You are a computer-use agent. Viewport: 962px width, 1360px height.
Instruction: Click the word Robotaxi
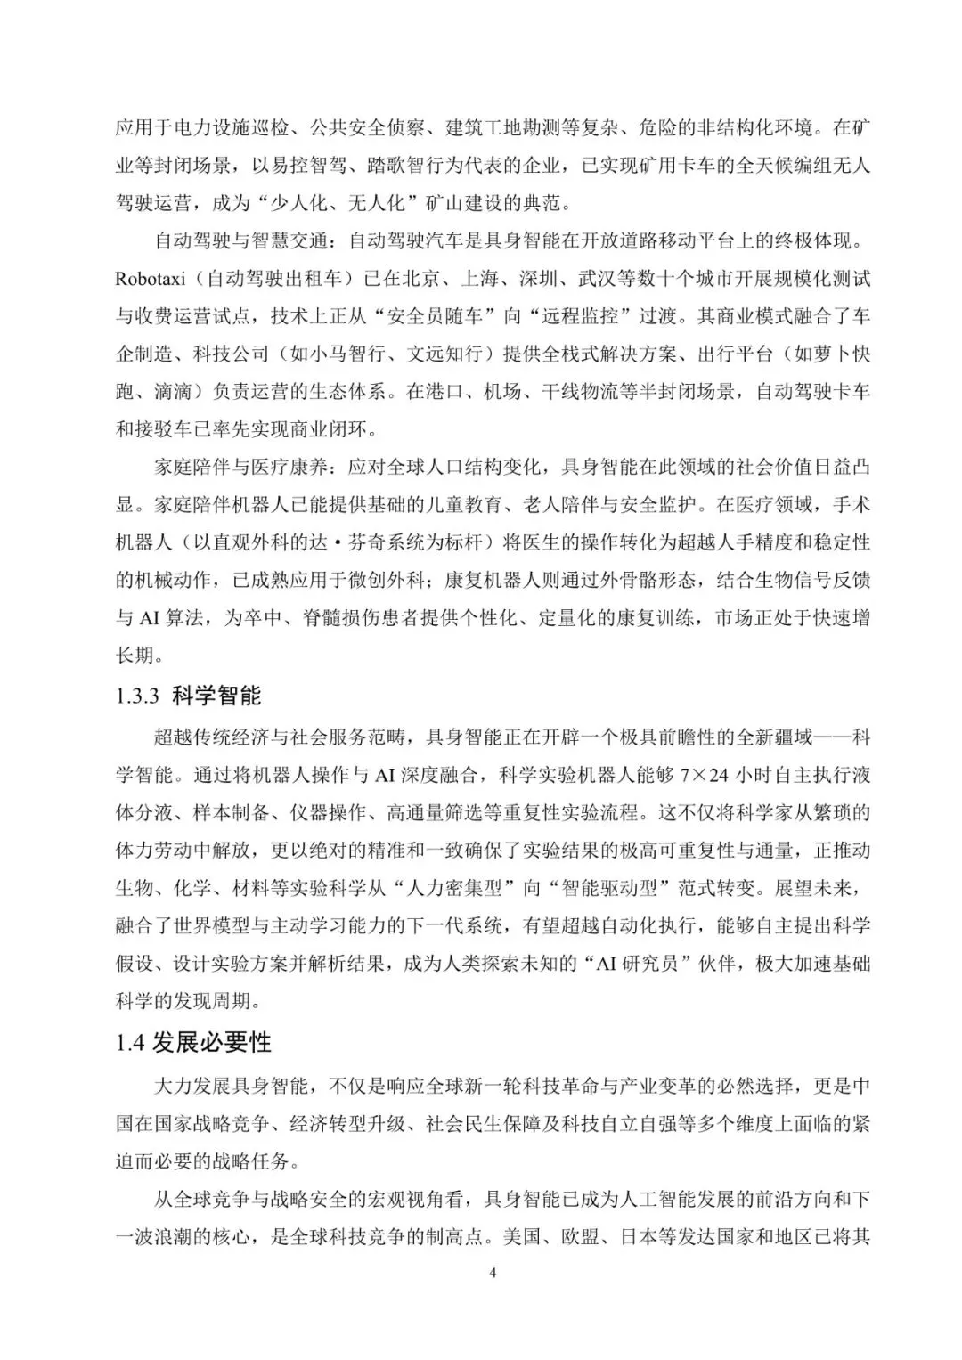(150, 279)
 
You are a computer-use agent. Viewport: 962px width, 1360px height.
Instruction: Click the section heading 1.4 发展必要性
(193, 1042)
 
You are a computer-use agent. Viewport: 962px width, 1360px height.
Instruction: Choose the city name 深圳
(549, 279)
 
